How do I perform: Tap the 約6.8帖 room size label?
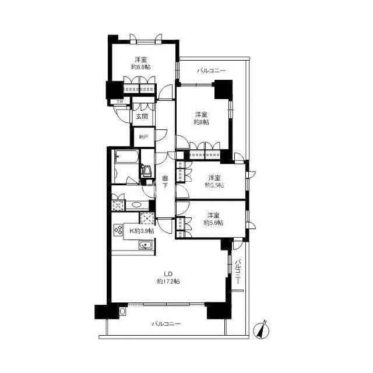[x=141, y=67]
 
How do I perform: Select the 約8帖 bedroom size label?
[x=202, y=122]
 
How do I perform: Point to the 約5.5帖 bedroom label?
[x=214, y=185]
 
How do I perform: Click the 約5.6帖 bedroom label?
[x=213, y=223]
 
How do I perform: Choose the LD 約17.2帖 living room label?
[x=168, y=277]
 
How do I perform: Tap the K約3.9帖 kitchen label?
[x=142, y=231]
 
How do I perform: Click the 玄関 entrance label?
[x=142, y=117]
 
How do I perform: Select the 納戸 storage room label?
[x=144, y=137]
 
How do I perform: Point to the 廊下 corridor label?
[x=165, y=182]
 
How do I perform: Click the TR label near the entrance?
[x=119, y=102]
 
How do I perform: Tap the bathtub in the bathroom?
[x=126, y=157]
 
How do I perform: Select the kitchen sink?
[x=146, y=245]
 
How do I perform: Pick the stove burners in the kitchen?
[x=118, y=230]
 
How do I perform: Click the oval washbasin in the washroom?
[x=136, y=205]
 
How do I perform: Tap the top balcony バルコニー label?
[x=211, y=71]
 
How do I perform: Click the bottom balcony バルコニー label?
[x=166, y=324]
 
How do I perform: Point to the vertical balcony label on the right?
[x=238, y=272]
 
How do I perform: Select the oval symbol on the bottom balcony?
[x=122, y=311]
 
